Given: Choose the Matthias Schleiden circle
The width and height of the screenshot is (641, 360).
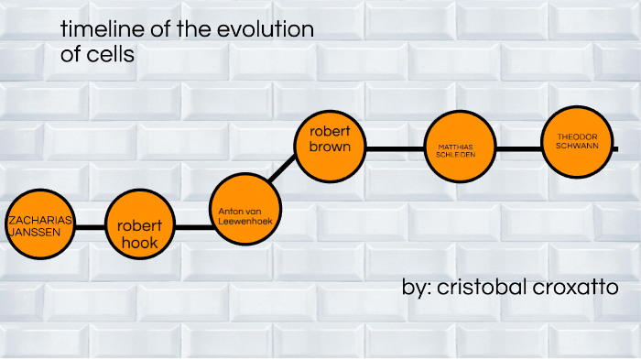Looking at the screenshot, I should (x=455, y=149).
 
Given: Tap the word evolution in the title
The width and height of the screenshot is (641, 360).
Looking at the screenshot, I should (x=266, y=30).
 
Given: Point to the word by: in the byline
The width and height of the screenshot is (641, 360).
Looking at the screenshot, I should (x=418, y=288).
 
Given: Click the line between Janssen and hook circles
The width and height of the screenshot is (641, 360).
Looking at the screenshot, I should (x=88, y=226).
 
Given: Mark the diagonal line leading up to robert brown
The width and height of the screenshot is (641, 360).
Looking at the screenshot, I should (x=283, y=169).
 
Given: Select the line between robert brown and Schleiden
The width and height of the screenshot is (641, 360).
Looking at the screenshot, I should (x=393, y=149).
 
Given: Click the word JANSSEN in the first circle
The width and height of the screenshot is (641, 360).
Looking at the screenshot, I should (x=34, y=233).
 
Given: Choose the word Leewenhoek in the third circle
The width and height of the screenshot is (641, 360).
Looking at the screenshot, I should (x=243, y=221).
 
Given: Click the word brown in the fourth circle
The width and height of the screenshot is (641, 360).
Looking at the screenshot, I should (x=331, y=147).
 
